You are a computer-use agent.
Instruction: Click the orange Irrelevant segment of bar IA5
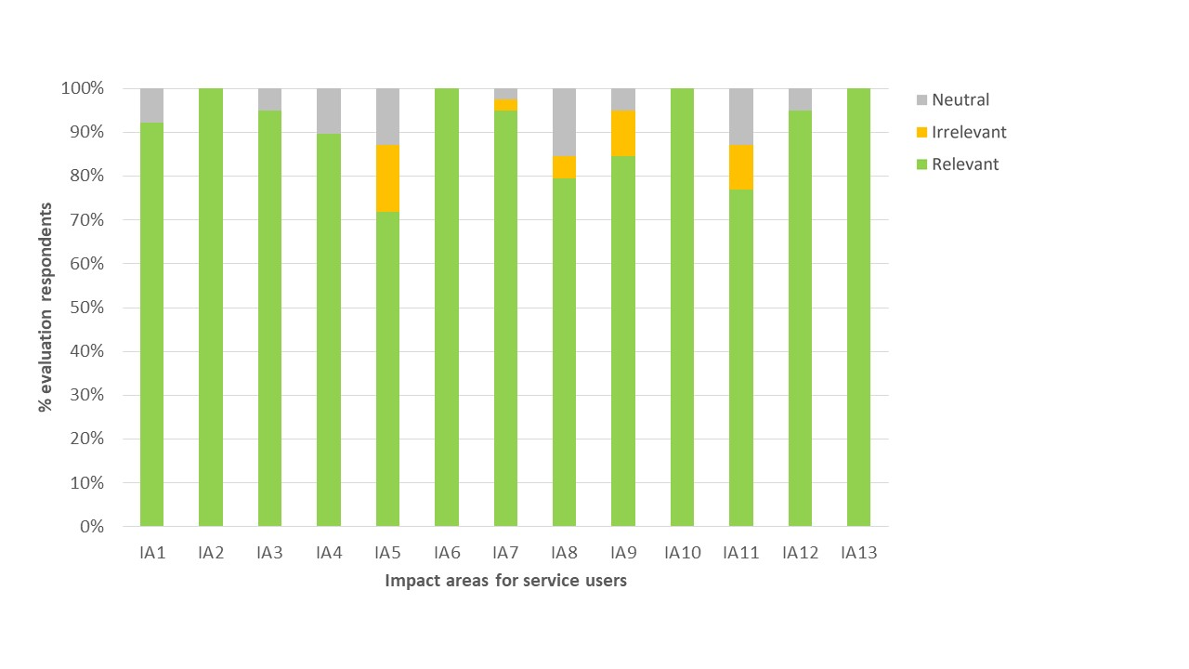(387, 178)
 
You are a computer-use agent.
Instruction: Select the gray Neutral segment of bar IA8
(564, 122)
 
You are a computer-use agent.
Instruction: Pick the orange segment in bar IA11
(740, 167)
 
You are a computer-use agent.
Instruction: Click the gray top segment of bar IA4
(329, 111)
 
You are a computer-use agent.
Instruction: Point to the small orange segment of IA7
(505, 105)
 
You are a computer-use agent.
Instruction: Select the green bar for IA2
(211, 307)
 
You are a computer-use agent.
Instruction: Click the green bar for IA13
(858, 307)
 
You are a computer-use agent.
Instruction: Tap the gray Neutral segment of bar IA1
(151, 105)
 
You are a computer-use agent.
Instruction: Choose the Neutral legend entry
(960, 99)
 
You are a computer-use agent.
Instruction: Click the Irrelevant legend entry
(969, 132)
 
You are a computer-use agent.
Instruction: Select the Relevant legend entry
(965, 164)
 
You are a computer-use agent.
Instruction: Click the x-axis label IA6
(447, 553)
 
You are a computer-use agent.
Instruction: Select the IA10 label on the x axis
(682, 553)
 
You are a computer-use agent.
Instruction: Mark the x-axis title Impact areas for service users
(505, 581)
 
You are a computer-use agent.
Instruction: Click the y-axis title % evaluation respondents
(45, 308)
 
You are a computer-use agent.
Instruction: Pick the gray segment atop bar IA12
(800, 99)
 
